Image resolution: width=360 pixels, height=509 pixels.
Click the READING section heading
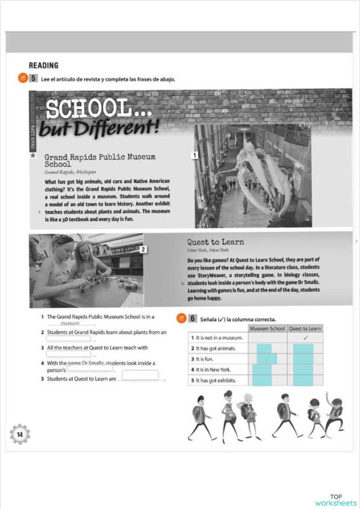[x=43, y=65]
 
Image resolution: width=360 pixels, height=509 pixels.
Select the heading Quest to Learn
[x=209, y=243]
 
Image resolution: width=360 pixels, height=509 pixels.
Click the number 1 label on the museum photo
[x=194, y=155]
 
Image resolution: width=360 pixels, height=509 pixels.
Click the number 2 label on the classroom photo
[x=144, y=249]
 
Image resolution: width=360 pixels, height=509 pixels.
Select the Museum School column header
[x=267, y=328]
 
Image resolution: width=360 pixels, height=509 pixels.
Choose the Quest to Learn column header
[x=305, y=328]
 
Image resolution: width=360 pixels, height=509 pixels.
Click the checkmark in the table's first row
[x=305, y=337]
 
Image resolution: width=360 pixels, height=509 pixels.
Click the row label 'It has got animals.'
[x=218, y=348]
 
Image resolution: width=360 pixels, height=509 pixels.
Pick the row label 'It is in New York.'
[x=218, y=369]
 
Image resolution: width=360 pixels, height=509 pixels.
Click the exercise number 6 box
[x=193, y=317]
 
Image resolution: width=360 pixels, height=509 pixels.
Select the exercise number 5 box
[x=33, y=78]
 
